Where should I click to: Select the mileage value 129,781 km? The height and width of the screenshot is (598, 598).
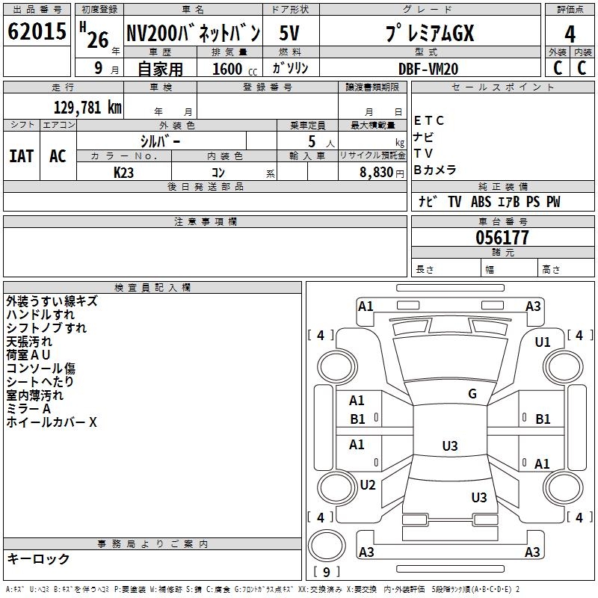(87, 107)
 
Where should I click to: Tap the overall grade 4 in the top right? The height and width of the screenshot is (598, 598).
(570, 34)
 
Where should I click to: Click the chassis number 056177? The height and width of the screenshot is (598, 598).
(502, 238)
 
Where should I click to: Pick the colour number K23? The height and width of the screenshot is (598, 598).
(123, 172)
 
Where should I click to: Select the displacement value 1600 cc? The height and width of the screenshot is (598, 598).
(228, 69)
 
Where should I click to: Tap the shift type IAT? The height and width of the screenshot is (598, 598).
(21, 155)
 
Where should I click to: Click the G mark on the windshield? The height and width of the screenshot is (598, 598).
(472, 394)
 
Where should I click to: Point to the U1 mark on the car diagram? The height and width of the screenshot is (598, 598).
(542, 342)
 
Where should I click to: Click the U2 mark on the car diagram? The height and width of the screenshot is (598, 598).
(367, 484)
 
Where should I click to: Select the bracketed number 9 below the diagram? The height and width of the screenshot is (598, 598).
(326, 572)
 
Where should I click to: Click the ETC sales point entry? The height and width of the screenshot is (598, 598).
(429, 120)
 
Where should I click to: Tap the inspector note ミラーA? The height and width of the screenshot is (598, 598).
(28, 409)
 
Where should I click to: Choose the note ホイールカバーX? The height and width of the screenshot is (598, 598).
(52, 422)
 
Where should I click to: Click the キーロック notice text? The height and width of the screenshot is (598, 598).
(38, 558)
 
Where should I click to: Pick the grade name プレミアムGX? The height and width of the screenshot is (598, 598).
(429, 34)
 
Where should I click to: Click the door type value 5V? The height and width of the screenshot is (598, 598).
(290, 34)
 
